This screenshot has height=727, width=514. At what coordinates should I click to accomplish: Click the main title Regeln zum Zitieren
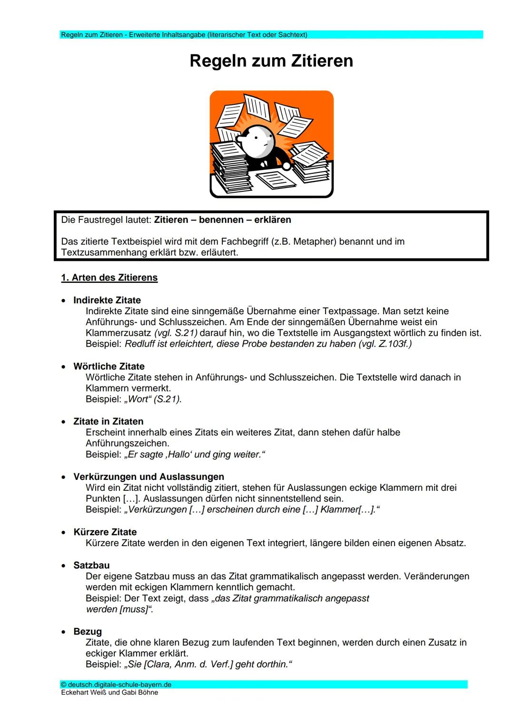tap(271, 61)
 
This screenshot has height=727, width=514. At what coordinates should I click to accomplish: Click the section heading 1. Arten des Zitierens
tap(109, 278)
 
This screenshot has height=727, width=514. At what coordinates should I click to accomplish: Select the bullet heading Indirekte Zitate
tap(107, 300)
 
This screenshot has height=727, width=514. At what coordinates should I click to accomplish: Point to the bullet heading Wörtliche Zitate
tap(109, 367)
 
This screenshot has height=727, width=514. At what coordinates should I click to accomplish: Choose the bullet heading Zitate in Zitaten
tap(109, 422)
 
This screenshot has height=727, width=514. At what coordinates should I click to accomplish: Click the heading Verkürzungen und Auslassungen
tap(148, 477)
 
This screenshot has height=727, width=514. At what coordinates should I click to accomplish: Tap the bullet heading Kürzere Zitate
tap(105, 532)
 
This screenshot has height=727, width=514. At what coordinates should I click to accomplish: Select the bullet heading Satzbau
tap(91, 566)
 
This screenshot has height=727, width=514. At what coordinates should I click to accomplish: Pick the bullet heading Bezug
tap(88, 632)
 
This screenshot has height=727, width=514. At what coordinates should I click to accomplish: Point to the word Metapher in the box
tap(315, 242)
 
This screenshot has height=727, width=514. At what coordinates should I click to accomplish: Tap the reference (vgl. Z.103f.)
tap(385, 344)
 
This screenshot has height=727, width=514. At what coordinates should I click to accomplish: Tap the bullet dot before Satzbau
tap(63, 566)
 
